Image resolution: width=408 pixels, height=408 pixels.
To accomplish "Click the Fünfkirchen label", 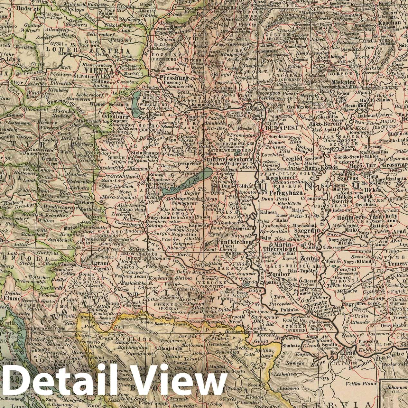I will pos(230,242).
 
